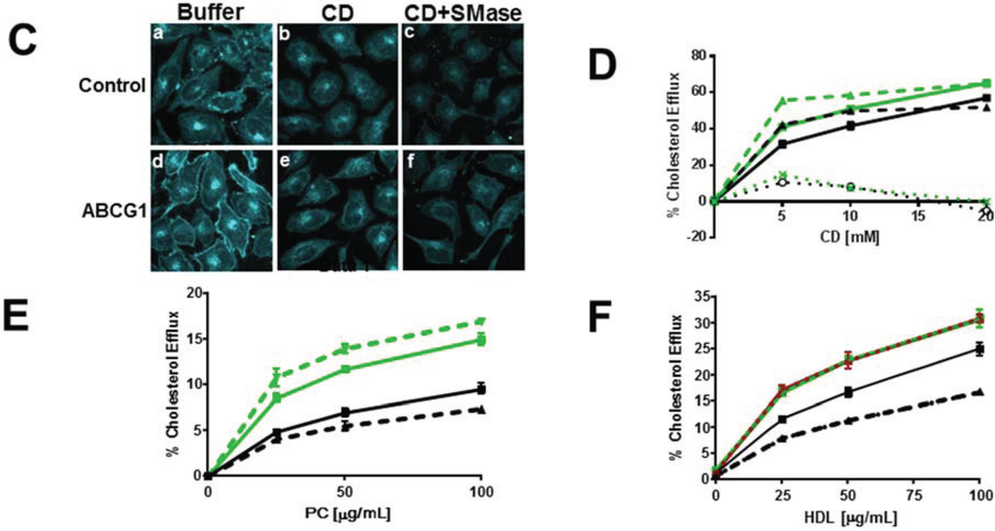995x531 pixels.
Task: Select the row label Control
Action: point(110,84)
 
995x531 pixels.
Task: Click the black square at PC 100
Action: point(481,389)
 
